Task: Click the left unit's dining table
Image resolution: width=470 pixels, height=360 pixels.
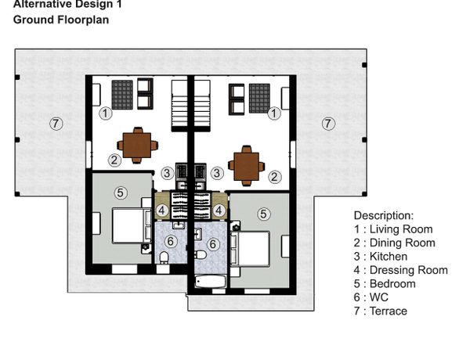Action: click(137, 146)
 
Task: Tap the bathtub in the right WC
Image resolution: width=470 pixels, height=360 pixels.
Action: click(210, 282)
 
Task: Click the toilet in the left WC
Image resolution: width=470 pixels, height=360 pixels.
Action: click(164, 258)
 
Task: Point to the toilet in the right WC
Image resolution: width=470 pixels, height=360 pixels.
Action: click(201, 255)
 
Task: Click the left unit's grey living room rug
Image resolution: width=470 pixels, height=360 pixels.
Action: click(122, 95)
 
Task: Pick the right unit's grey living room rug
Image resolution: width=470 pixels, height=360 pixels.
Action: click(259, 99)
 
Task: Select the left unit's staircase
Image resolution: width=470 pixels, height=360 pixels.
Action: click(179, 106)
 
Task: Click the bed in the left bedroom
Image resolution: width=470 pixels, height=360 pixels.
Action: click(132, 226)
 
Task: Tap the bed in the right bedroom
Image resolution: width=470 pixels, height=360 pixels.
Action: click(250, 249)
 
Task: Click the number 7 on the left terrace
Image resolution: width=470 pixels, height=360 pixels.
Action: click(56, 124)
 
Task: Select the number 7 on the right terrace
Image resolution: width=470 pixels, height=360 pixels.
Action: click(328, 124)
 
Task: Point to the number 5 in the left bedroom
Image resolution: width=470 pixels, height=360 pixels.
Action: click(120, 193)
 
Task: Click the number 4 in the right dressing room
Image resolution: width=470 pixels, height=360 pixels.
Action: click(219, 211)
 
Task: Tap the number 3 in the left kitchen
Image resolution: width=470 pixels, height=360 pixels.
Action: click(167, 173)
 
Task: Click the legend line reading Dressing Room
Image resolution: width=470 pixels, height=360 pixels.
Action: click(401, 270)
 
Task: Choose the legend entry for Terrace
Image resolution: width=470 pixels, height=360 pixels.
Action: click(381, 311)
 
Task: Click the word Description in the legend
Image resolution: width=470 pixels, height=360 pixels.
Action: click(384, 216)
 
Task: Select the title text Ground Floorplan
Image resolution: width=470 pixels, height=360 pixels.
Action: click(61, 20)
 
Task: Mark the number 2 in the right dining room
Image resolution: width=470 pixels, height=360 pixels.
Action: click(274, 177)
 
